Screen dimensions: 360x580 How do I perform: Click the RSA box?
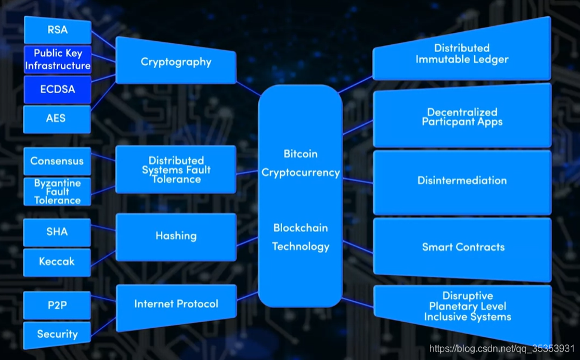click(57, 30)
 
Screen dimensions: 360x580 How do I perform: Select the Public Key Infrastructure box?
click(57, 60)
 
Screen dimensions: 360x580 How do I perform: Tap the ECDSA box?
click(57, 89)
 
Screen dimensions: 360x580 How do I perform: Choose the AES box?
click(57, 118)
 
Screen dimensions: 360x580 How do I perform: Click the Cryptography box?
click(176, 62)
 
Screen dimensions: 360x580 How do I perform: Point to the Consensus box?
click(57, 161)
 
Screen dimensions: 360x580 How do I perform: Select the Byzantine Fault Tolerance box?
click(57, 191)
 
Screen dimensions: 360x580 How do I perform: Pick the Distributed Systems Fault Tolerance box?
click(176, 170)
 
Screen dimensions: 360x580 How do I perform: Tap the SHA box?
click(57, 232)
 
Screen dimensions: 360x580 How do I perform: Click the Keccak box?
click(57, 262)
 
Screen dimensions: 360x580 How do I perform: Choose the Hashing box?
click(176, 236)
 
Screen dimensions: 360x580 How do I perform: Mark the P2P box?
click(57, 305)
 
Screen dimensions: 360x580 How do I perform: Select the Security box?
click(57, 334)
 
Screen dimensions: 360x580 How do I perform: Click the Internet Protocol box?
click(176, 304)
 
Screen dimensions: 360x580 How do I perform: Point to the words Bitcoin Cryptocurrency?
click(300, 163)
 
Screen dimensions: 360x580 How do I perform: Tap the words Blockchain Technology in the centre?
click(300, 237)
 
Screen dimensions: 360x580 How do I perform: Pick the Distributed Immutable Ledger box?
click(462, 54)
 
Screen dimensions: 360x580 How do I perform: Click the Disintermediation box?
click(462, 181)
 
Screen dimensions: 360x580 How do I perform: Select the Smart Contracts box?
click(463, 247)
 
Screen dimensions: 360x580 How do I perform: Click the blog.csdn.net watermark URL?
click(502, 349)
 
